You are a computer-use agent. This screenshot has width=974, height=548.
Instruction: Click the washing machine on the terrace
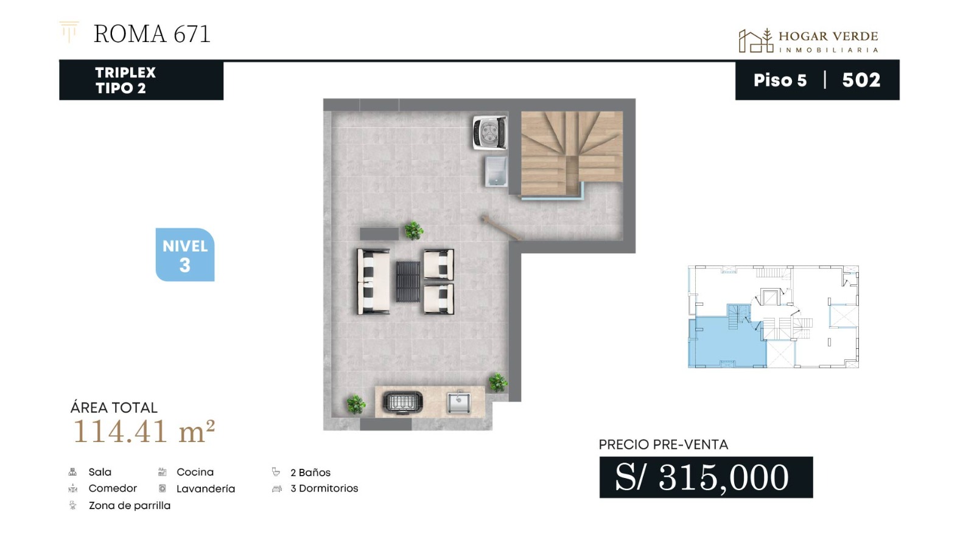tap(490, 132)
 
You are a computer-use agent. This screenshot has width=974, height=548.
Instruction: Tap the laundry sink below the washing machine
tap(496, 171)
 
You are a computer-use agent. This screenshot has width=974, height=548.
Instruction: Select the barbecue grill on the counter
tap(402, 402)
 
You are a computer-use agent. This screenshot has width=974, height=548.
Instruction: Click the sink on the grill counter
tap(459, 402)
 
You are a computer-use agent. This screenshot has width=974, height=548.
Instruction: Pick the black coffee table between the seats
tap(408, 282)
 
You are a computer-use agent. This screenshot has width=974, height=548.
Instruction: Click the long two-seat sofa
tap(373, 281)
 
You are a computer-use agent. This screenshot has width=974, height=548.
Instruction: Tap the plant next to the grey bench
tap(413, 231)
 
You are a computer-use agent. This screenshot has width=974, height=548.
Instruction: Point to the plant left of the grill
tap(356, 404)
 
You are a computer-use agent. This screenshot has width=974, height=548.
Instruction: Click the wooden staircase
tap(572, 152)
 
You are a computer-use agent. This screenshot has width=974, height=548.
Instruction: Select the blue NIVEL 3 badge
tap(185, 255)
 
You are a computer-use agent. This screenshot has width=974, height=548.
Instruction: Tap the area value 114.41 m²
tap(144, 432)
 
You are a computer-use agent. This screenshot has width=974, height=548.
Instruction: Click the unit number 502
tap(861, 80)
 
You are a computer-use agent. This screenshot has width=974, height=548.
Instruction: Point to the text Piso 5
tap(780, 80)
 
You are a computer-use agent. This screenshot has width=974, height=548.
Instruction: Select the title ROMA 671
tap(152, 34)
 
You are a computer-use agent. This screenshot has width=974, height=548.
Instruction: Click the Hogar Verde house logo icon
tap(755, 41)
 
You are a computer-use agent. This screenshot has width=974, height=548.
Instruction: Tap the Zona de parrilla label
tap(130, 505)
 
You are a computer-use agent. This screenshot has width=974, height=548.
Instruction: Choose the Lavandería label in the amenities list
tap(206, 489)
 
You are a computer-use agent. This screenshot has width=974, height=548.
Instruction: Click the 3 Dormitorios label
tap(324, 488)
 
